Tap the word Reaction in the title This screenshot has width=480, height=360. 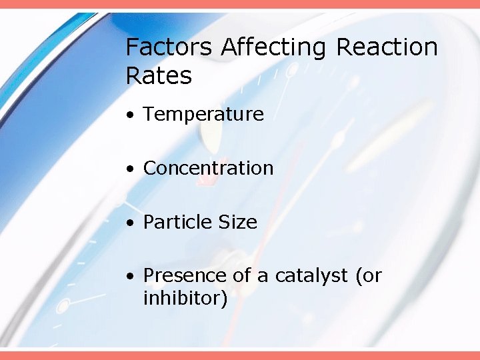click(387, 48)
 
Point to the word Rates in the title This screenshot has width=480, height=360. click(159, 76)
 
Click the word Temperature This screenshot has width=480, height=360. click(203, 115)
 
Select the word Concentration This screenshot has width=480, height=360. click(208, 168)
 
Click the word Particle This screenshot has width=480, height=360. click(175, 222)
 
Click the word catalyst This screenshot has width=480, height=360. click(312, 275)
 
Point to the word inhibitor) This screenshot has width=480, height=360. click(185, 299)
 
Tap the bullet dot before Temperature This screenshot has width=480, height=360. click(133, 115)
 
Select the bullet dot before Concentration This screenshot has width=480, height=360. click(133, 169)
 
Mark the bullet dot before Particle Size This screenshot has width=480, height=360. click(133, 223)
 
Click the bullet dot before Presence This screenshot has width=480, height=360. click(133, 276)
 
